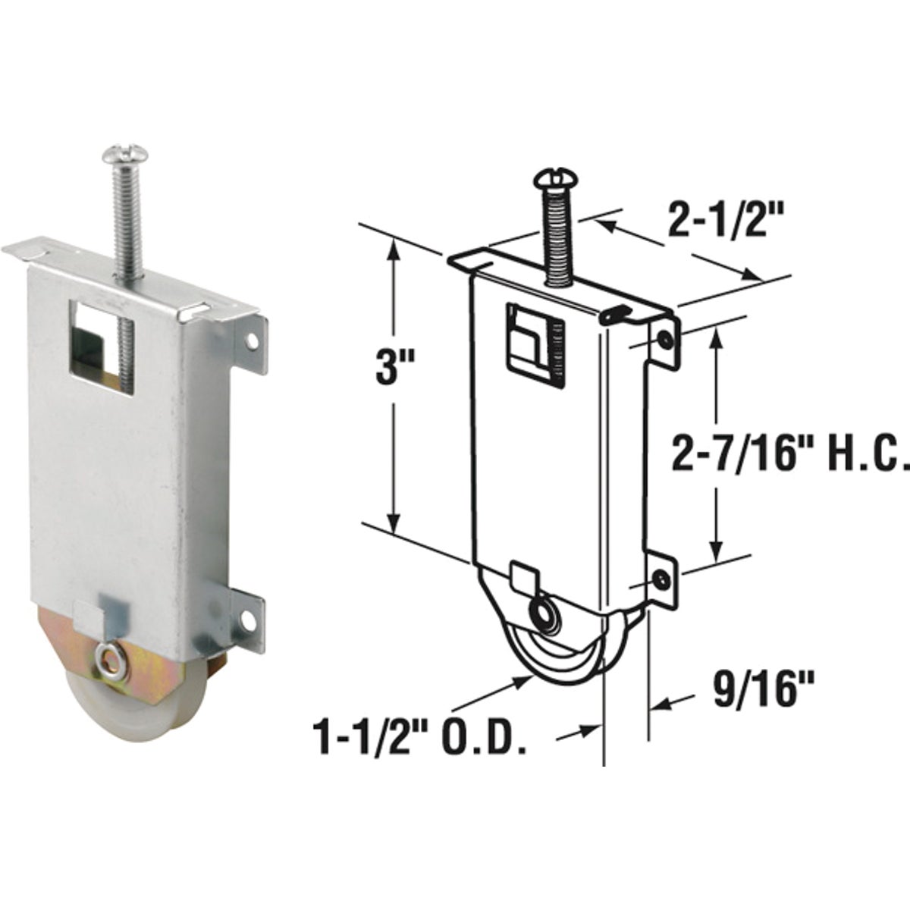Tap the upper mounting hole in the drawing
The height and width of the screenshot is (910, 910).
pyautogui.click(x=665, y=340)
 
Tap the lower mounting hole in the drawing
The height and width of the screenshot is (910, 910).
pyautogui.click(x=662, y=579)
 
